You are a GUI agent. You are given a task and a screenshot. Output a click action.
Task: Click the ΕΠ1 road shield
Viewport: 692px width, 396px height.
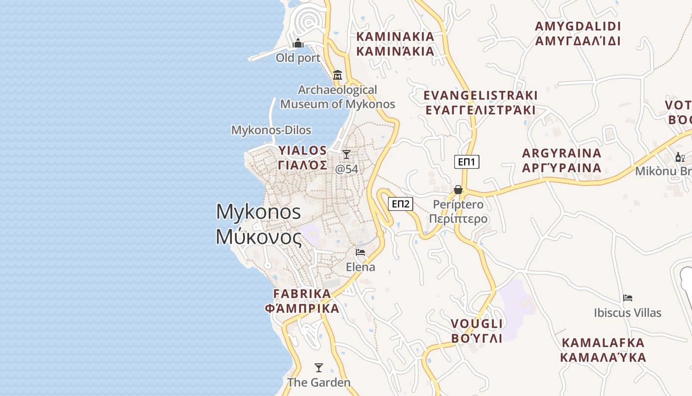tap(467, 162)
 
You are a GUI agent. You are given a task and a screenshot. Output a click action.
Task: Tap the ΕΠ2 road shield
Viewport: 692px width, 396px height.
tap(400, 204)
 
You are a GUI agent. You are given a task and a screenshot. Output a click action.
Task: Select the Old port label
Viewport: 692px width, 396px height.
tap(298, 58)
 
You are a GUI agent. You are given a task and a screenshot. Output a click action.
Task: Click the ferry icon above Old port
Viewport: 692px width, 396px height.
tap(298, 44)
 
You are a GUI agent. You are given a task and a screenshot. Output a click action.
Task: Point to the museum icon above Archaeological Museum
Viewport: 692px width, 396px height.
tap(338, 75)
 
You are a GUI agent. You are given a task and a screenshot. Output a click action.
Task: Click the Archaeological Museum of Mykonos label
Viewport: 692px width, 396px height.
tap(338, 97)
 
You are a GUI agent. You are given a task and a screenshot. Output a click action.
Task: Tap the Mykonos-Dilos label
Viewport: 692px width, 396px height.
tap(271, 130)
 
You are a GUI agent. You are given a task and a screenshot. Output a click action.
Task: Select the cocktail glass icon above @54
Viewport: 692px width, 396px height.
tap(346, 154)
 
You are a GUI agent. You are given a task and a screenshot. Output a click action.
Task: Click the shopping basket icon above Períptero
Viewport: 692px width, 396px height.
tap(458, 190)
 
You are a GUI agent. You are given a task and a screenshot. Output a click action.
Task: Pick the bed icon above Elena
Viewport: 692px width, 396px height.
tap(360, 252)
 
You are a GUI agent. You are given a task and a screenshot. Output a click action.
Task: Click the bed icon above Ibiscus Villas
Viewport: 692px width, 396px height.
tap(628, 298)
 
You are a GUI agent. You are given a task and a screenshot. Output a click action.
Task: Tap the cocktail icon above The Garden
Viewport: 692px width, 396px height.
tap(319, 368)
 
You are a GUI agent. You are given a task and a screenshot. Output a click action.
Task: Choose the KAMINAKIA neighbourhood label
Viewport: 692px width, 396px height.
tap(395, 44)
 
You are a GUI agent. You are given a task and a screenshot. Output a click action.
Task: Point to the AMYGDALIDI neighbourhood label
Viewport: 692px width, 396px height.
tap(578, 33)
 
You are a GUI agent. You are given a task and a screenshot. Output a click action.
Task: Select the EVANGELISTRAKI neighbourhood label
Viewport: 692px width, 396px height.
tap(480, 102)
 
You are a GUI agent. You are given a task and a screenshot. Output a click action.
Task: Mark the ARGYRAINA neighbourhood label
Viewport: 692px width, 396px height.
tap(562, 160)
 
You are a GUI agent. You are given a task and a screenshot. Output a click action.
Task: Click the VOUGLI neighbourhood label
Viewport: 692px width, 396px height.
tap(476, 331)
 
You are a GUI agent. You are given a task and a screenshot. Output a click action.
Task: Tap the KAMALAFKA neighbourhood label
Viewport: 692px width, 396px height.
tap(603, 350)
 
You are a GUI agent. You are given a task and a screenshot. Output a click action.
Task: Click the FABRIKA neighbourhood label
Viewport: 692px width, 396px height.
tap(302, 301)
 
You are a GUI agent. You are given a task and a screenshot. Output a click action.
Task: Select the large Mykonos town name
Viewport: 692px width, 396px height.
tap(259, 224)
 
